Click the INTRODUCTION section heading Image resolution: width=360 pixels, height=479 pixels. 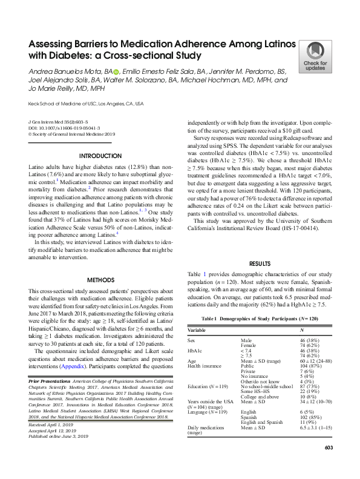coord(101,155)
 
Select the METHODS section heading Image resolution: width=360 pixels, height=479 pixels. coord(101,280)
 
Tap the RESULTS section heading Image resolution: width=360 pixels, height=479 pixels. coord(260,264)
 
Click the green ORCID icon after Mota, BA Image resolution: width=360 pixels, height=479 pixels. coord(134,71)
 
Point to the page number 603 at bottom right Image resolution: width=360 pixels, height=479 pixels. coord(329,464)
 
